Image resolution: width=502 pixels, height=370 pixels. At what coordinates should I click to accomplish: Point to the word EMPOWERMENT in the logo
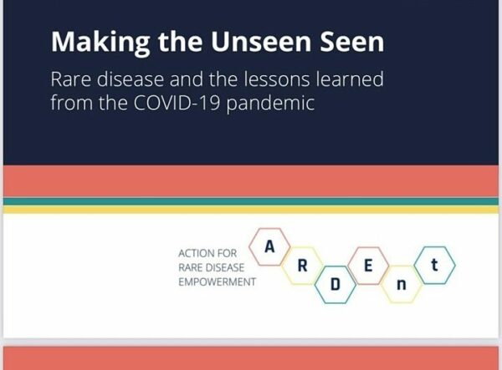click(217, 282)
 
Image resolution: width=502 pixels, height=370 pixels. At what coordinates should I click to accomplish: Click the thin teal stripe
click(251, 201)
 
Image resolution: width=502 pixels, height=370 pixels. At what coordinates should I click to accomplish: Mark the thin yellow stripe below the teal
click(251, 210)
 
